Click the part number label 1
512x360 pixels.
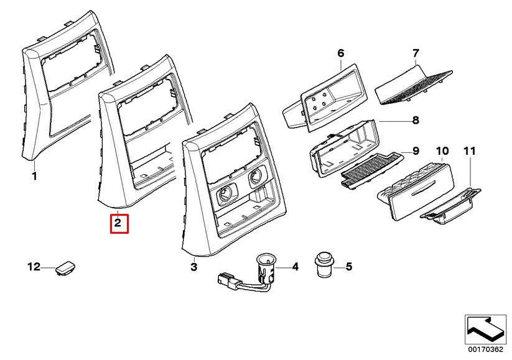coord(34,177)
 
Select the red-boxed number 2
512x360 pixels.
coord(119,223)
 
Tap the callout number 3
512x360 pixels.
coord(193,267)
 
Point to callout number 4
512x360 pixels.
coord(295,267)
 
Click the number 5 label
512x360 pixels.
coord(348,267)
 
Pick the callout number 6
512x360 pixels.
coord(340,53)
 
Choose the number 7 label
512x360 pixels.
coord(416,53)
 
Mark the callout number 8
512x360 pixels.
coord(416,120)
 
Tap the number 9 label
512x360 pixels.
coord(416,151)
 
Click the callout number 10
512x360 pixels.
coord(442,151)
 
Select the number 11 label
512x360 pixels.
coord(469,151)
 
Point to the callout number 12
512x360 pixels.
coord(34,267)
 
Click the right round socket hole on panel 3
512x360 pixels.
coord(254,180)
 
